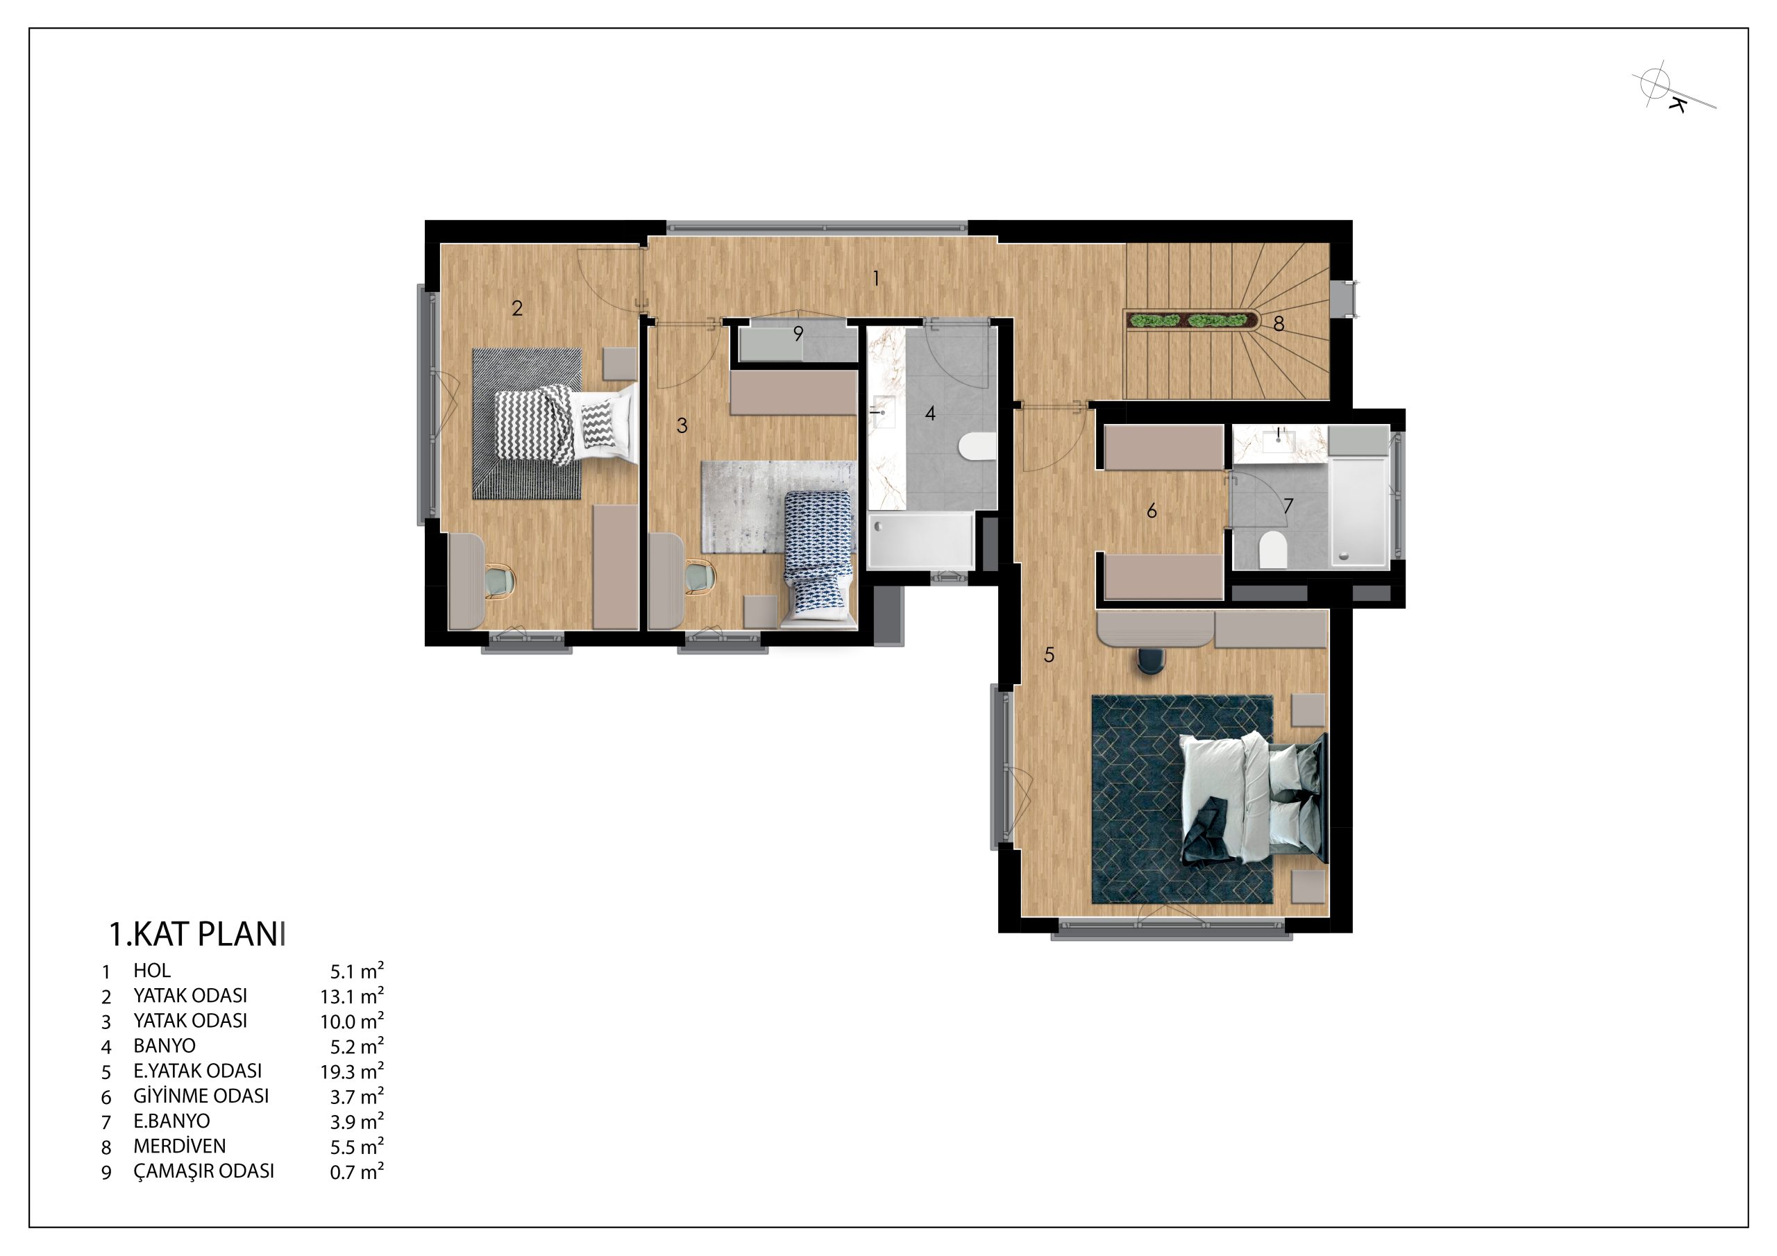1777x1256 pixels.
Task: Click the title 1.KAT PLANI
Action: [x=197, y=935]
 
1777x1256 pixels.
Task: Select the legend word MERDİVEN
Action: [x=180, y=1146]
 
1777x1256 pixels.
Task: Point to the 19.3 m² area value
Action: [x=352, y=1071]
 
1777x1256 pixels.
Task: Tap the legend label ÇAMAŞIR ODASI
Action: [x=203, y=1171]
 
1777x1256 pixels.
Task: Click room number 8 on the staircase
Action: [x=1279, y=324]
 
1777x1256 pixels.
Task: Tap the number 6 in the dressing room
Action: [x=1152, y=511]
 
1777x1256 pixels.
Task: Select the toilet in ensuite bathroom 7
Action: [x=1272, y=550]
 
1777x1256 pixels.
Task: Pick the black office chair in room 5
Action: [x=1151, y=660]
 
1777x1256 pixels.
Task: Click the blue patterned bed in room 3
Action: [x=819, y=557]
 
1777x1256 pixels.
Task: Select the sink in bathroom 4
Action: [x=884, y=412]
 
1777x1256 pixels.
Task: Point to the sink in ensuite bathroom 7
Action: [x=1278, y=441]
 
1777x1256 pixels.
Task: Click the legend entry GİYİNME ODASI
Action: [x=201, y=1096]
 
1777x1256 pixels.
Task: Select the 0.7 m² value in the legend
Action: [x=357, y=1171]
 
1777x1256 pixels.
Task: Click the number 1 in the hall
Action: [x=875, y=278]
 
